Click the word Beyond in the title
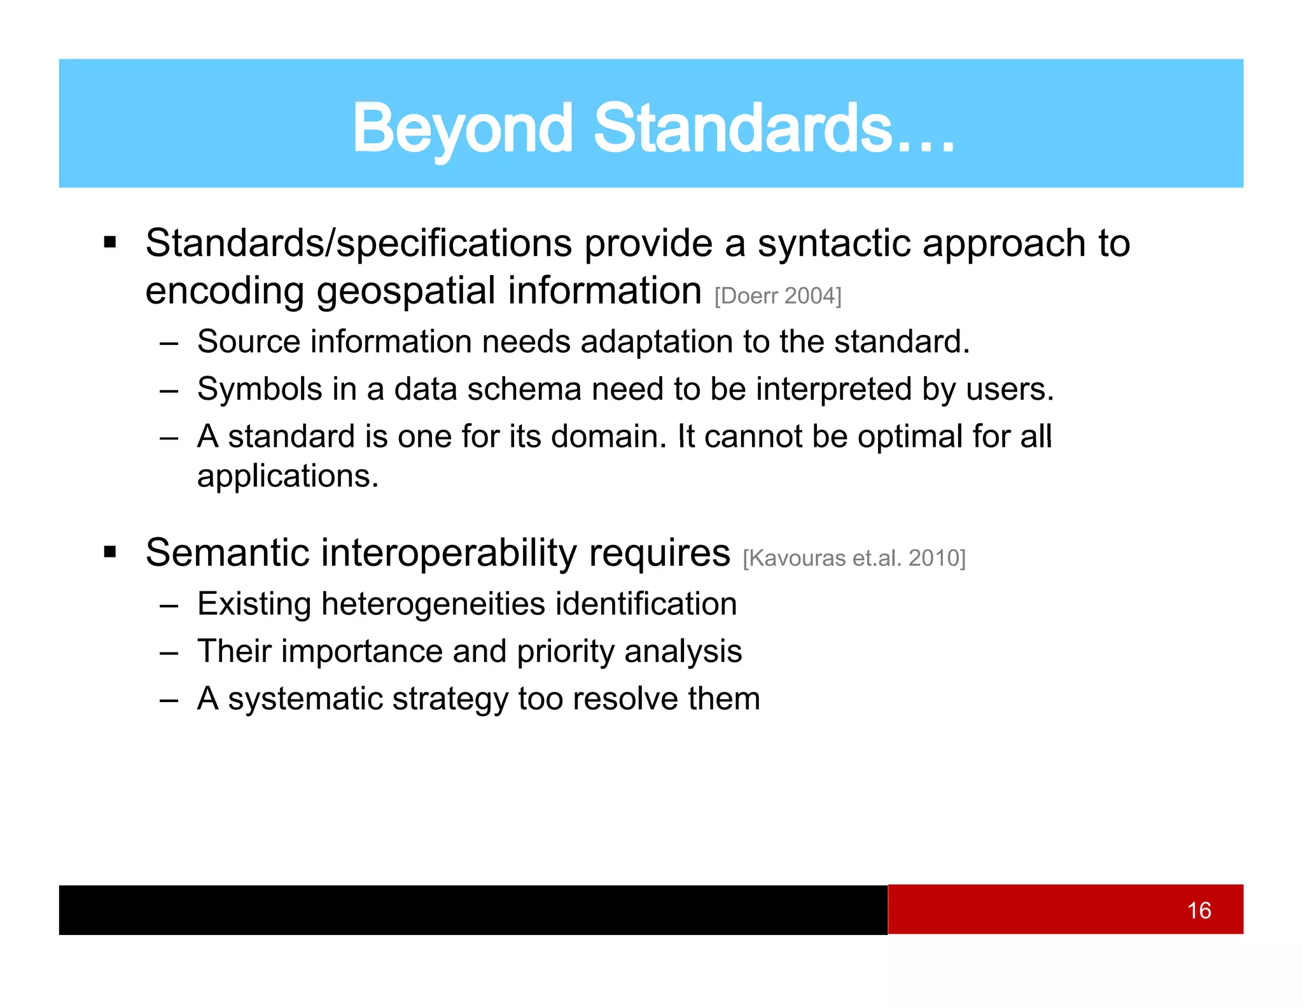coord(463,129)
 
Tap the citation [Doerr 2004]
coord(777,296)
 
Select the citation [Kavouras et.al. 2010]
coord(854,558)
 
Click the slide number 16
coord(1199,910)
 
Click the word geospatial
coord(405,292)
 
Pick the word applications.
coord(288,476)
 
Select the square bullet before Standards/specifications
coord(110,243)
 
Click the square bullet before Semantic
coord(110,551)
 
